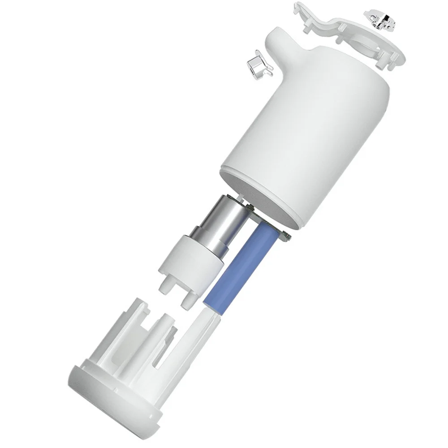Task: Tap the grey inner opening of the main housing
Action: [269, 197]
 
